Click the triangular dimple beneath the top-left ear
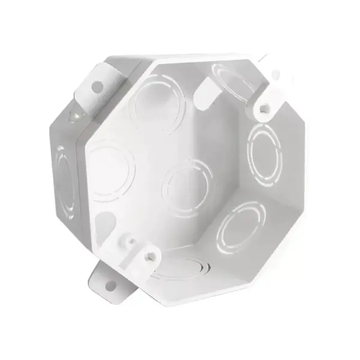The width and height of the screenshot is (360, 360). pyautogui.click(x=75, y=116)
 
